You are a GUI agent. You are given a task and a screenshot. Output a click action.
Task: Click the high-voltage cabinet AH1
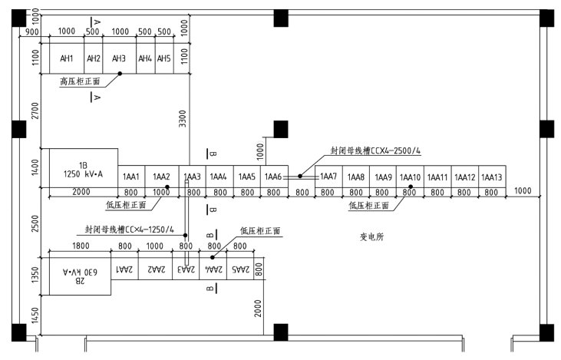(x=68, y=59)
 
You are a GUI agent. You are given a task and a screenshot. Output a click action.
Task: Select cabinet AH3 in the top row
(x=119, y=59)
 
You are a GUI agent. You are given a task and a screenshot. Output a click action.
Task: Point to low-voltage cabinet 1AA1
(x=131, y=177)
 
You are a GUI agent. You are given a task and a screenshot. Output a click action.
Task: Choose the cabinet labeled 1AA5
(x=247, y=177)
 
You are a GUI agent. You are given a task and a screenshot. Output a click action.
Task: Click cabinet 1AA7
(x=328, y=177)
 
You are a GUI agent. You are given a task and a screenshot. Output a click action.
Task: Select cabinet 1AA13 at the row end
(x=492, y=177)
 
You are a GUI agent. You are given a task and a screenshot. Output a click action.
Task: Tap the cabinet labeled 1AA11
(x=437, y=177)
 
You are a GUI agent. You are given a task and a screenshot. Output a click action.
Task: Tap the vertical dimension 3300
(x=183, y=118)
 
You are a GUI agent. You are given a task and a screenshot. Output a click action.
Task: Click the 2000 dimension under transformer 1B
(x=82, y=192)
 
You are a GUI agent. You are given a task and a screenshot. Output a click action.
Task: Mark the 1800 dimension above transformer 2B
(x=80, y=246)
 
